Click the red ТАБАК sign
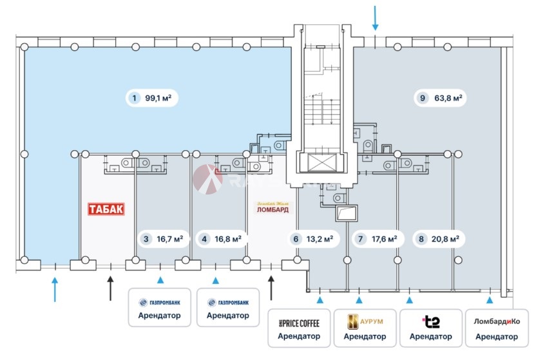click(x=106, y=209)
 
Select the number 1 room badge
click(x=133, y=99)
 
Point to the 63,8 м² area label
click(x=449, y=99)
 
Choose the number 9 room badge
click(x=422, y=99)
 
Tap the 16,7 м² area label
click(x=169, y=239)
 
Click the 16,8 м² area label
click(x=228, y=239)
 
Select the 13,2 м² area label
click(x=320, y=239)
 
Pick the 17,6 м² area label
click(x=382, y=239)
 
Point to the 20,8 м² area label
click(x=446, y=239)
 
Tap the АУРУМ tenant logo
click(x=365, y=321)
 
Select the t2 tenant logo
click(x=430, y=321)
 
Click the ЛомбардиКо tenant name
click(x=496, y=321)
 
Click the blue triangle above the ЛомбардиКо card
click(x=490, y=300)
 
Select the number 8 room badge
click(x=421, y=239)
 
